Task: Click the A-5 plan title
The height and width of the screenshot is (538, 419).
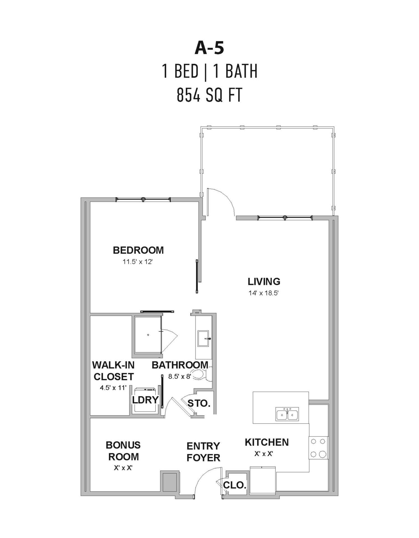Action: [209, 48]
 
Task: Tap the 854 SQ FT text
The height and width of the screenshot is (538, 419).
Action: [209, 95]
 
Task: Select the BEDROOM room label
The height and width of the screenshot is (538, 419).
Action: [138, 250]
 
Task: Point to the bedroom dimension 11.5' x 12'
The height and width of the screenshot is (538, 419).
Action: [137, 262]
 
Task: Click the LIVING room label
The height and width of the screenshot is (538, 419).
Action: [264, 281]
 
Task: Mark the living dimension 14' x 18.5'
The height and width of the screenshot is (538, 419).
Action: [263, 293]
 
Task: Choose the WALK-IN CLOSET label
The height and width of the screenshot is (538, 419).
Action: [114, 371]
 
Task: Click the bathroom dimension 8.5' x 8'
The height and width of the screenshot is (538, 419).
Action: [179, 377]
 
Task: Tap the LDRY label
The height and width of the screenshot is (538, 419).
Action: [145, 400]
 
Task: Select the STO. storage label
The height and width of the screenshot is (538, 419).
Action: [199, 403]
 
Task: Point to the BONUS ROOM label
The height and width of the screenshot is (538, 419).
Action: [123, 451]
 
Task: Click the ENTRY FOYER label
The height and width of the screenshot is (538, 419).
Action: [203, 452]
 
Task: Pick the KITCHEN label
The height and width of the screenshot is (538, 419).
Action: [267, 442]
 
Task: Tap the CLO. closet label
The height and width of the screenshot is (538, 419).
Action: [235, 485]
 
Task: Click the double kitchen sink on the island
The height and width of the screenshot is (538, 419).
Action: [287, 414]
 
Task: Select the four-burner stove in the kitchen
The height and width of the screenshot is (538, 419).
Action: [318, 447]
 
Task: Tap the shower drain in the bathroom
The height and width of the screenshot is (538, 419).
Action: [148, 335]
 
